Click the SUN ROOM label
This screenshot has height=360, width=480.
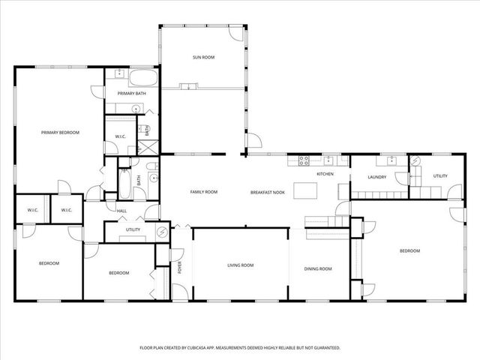click(x=203, y=57)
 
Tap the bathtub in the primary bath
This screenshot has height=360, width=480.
click(x=143, y=79)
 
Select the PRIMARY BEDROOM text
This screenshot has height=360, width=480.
click(x=60, y=132)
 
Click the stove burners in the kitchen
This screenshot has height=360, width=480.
click(x=304, y=160)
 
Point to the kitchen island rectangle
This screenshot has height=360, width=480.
click(x=305, y=190)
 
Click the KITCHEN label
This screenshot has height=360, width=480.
click(x=325, y=174)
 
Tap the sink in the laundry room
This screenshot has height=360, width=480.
click(x=391, y=160)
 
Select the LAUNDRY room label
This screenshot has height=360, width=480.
click(x=376, y=177)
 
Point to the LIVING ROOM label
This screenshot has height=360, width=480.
click(x=241, y=265)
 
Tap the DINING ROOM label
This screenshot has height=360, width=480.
click(x=317, y=268)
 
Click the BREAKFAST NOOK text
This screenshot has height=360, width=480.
click(x=267, y=193)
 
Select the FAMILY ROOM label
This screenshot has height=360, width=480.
click(x=203, y=192)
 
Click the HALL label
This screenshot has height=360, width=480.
click(x=121, y=211)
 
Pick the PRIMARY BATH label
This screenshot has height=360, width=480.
click(x=131, y=94)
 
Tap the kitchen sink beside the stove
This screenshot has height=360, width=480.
click(x=328, y=159)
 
